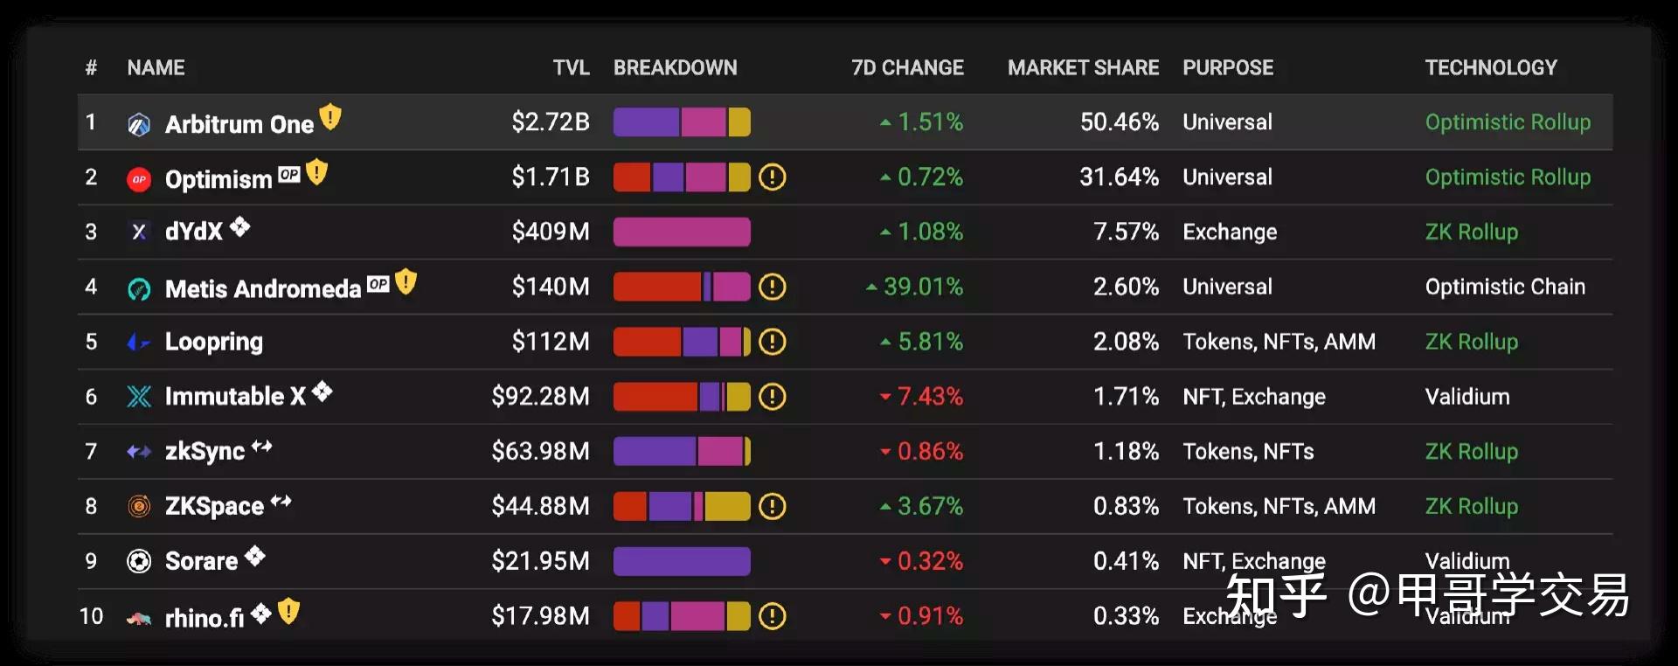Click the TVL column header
(571, 68)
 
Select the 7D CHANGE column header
(907, 68)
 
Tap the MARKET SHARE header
(1083, 68)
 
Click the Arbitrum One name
(239, 124)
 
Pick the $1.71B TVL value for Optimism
(551, 177)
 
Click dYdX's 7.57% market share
(1126, 232)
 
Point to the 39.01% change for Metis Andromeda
(923, 287)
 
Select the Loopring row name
(213, 342)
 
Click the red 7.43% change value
(930, 397)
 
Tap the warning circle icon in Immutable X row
(772, 397)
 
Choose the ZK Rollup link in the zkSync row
(1471, 452)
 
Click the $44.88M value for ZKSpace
(540, 506)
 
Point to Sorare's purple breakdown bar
(682, 561)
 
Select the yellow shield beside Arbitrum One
(330, 116)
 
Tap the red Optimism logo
(139, 179)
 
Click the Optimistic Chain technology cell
(1504, 287)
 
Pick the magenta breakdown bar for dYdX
(682, 232)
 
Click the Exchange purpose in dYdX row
(1230, 232)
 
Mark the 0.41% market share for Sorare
(1126, 561)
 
